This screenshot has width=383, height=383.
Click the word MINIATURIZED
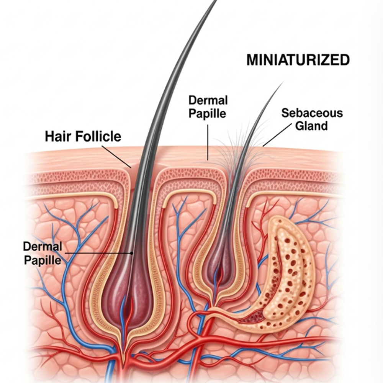[x=298, y=60]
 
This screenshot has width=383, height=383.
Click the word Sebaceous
[x=312, y=113]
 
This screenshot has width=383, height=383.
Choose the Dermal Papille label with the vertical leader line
[x=208, y=107]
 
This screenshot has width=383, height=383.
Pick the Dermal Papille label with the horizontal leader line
[x=42, y=253]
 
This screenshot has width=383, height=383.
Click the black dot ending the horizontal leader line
[x=132, y=253]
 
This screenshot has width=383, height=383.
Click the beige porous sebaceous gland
[x=287, y=276]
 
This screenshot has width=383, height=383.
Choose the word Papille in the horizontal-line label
[x=42, y=260]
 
